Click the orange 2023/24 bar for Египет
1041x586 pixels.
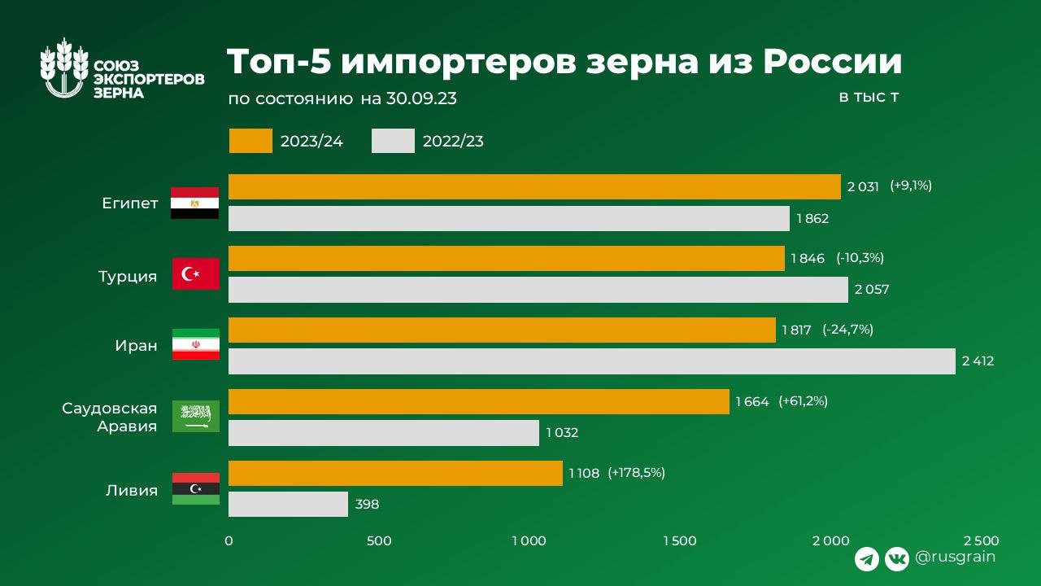(x=534, y=186)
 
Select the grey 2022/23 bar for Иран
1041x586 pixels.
(x=591, y=361)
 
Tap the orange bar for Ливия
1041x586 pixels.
(x=395, y=473)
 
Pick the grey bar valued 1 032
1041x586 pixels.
(x=383, y=433)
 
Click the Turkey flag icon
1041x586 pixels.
(x=195, y=273)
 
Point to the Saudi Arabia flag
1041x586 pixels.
(x=195, y=416)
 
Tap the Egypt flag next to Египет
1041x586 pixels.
(x=194, y=203)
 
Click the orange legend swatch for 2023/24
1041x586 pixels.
(x=250, y=141)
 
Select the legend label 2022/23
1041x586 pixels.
(x=453, y=142)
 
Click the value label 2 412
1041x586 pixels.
(x=978, y=361)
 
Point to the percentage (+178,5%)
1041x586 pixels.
(x=636, y=473)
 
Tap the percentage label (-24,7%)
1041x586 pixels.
(x=847, y=330)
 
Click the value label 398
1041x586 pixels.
(x=367, y=505)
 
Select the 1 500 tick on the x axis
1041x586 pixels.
(x=679, y=541)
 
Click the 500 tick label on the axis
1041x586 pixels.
(x=379, y=541)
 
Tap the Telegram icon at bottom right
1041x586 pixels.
(x=867, y=558)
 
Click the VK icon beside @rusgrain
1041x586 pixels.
(x=897, y=558)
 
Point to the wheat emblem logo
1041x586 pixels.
(x=64, y=69)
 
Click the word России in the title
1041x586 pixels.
(x=831, y=63)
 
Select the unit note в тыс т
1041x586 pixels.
(x=869, y=98)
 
